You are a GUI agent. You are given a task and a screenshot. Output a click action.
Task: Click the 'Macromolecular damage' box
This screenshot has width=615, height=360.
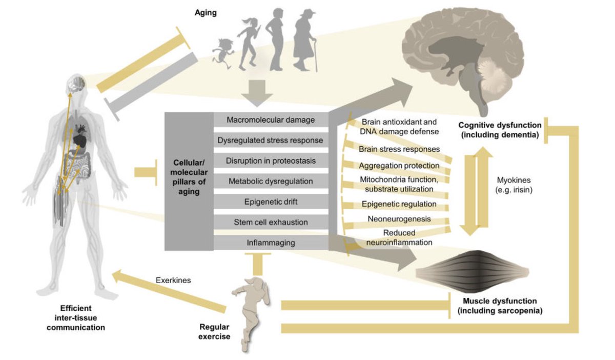coord(271,119)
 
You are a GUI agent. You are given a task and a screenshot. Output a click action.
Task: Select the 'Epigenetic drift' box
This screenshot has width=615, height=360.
coord(271,202)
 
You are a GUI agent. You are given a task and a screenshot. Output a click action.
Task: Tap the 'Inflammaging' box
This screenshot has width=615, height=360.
coord(271,243)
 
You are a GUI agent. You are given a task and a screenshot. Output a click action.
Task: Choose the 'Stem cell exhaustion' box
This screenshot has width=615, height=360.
coord(271,222)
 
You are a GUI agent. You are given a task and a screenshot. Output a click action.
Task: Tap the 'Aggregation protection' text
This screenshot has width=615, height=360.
coord(399,166)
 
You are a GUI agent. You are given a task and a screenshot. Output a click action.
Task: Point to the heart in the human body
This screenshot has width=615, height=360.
coord(80,139)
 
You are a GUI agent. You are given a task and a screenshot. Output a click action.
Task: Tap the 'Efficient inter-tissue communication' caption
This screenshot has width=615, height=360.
coord(76,318)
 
